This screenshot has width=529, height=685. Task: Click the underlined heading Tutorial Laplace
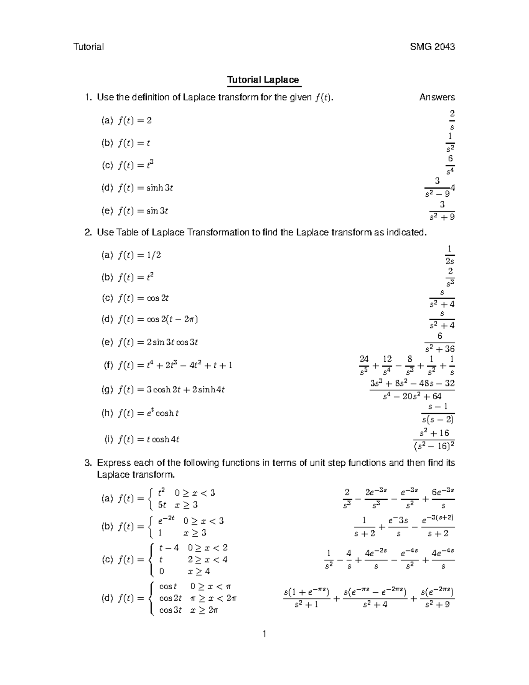pyautogui.click(x=263, y=80)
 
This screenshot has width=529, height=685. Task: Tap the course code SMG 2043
pyautogui.click(x=432, y=47)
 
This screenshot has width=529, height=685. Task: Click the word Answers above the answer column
pyautogui.click(x=437, y=97)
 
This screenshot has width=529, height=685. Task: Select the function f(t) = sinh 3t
pyautogui.click(x=145, y=188)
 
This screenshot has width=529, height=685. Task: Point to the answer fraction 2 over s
pyautogui.click(x=451, y=120)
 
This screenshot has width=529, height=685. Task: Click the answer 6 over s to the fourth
pyautogui.click(x=450, y=165)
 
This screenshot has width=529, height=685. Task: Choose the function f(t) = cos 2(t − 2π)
pyautogui.click(x=158, y=319)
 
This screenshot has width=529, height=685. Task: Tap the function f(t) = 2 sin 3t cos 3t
pyautogui.click(x=158, y=342)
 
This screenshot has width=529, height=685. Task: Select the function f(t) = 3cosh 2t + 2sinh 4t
pyautogui.click(x=171, y=389)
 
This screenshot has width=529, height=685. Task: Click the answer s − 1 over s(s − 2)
pyautogui.click(x=437, y=413)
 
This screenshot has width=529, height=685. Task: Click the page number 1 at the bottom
pyautogui.click(x=264, y=634)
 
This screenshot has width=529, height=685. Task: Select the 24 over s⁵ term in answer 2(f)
pyautogui.click(x=364, y=365)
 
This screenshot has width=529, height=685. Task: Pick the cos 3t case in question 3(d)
pyautogui.click(x=170, y=610)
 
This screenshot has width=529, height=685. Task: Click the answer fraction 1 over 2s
pyautogui.click(x=449, y=255)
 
